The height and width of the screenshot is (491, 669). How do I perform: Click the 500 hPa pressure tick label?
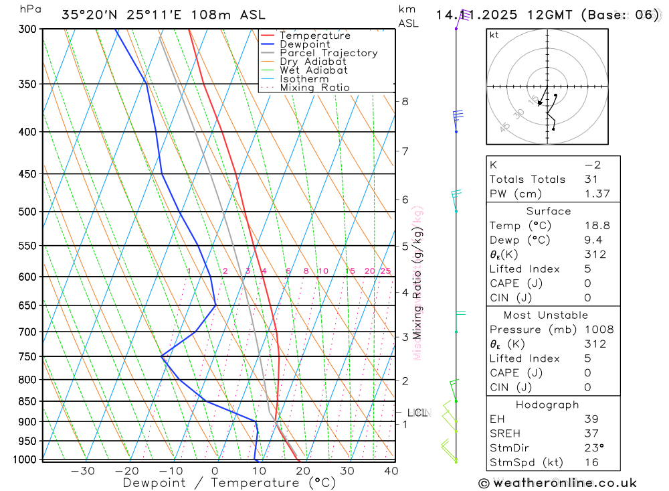pyautogui.click(x=27, y=212)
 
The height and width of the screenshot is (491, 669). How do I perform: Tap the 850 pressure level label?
pyautogui.click(x=27, y=401)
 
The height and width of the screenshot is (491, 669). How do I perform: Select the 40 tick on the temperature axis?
pyautogui.click(x=391, y=471)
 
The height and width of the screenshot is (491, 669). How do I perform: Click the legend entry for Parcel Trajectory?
pyautogui.click(x=328, y=53)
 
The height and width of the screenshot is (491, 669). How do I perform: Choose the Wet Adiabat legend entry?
pyautogui.click(x=314, y=70)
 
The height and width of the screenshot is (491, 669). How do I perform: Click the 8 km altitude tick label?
pyautogui.click(x=405, y=102)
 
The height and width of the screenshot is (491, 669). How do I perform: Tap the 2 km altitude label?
pyautogui.click(x=405, y=381)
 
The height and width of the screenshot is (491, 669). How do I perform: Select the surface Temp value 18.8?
pyautogui.click(x=597, y=226)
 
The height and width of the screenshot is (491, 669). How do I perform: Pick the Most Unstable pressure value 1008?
pyautogui.click(x=599, y=330)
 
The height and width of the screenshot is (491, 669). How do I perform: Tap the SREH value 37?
pyautogui.click(x=591, y=433)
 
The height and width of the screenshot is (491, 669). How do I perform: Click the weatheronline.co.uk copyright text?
pyautogui.click(x=557, y=483)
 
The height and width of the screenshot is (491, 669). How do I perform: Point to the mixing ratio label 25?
pyautogui.click(x=385, y=271)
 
